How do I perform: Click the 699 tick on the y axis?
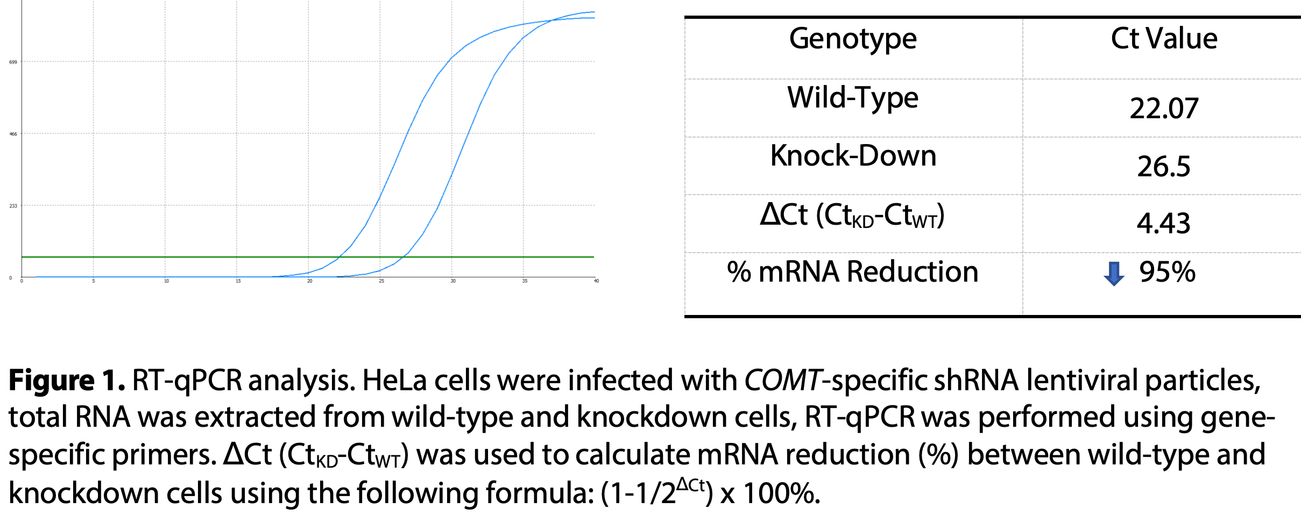click(13, 62)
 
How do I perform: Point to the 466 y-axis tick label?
click(13, 134)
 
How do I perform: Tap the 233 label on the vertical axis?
click(13, 206)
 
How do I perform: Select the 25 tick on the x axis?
click(381, 281)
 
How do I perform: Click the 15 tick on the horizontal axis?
click(238, 281)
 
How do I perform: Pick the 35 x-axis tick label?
click(525, 281)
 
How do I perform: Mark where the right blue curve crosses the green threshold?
click(405, 257)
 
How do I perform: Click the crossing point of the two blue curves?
click(552, 20)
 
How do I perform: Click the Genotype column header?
click(853, 39)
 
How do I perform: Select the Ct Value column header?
click(1164, 39)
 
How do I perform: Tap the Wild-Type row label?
click(853, 98)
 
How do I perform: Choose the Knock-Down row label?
click(853, 156)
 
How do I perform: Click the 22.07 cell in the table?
click(1164, 109)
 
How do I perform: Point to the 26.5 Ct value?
click(1164, 167)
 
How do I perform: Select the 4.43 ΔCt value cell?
click(1164, 224)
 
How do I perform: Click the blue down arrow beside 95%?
click(1114, 273)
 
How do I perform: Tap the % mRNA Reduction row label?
click(853, 272)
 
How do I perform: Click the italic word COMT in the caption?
click(783, 381)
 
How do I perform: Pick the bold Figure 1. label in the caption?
click(67, 381)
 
